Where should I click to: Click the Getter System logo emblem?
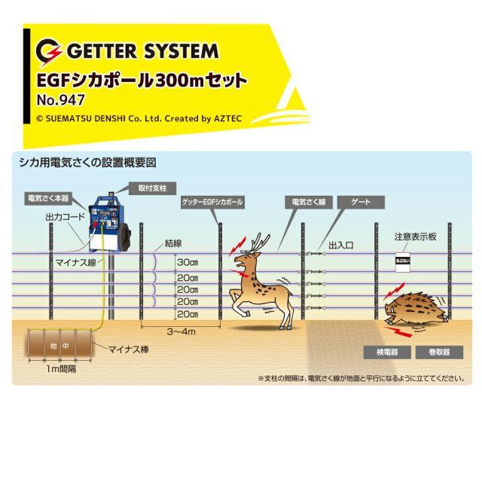51,51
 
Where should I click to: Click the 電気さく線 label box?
304,203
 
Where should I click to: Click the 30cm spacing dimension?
187,261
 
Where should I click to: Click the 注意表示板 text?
415,236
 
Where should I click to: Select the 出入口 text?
340,244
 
